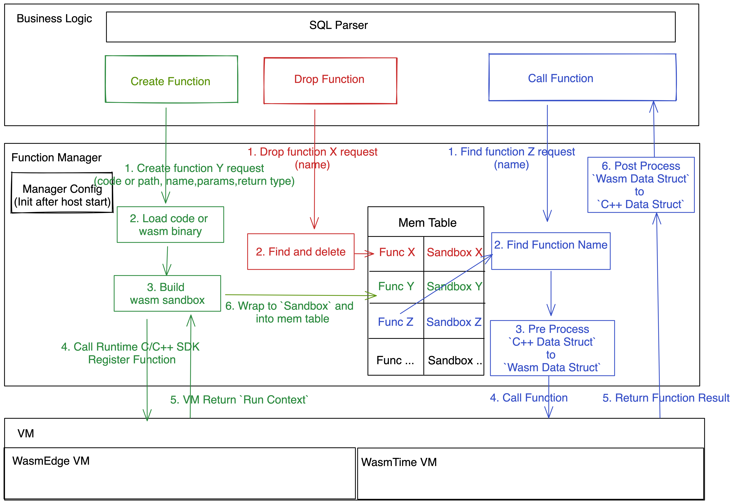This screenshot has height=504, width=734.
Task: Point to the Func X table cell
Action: tap(396, 253)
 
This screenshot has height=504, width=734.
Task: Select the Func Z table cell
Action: tap(396, 321)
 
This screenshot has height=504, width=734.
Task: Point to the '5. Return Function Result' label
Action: tap(666, 398)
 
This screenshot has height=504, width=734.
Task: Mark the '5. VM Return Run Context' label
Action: tap(239, 400)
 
